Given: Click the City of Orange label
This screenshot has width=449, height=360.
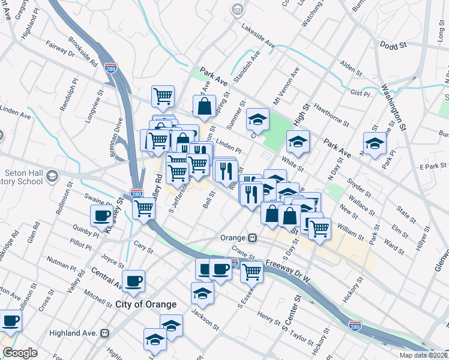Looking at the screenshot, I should pyautogui.click(x=146, y=304).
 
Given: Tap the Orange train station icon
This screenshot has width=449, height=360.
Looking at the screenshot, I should pyautogui.click(x=253, y=238).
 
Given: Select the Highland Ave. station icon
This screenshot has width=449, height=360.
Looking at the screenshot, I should pyautogui.click(x=105, y=332).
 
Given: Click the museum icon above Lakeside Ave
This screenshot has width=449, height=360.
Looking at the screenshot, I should pyautogui.click(x=238, y=10).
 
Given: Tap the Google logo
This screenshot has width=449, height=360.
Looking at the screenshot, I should pyautogui.click(x=20, y=353).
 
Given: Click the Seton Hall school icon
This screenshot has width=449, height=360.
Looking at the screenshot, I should pyautogui.click(x=52, y=175).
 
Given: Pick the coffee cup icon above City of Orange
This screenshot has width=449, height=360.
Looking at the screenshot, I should pyautogui.click(x=134, y=279).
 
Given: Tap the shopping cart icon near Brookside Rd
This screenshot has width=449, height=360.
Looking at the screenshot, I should pyautogui.click(x=163, y=94).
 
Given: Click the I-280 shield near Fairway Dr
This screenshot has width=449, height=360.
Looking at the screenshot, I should pyautogui.click(x=110, y=68).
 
